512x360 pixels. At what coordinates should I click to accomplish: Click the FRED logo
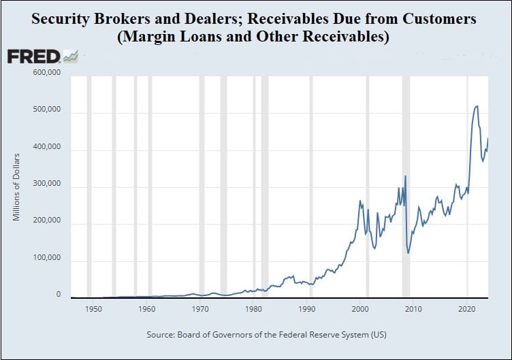[43, 56]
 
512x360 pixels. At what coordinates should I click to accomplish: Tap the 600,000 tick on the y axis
[47, 72]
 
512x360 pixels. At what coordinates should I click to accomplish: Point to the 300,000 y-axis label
[47, 184]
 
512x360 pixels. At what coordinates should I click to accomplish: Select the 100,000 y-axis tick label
[47, 257]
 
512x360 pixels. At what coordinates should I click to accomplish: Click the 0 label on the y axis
[59, 295]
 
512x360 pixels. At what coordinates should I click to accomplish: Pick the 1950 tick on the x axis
[93, 309]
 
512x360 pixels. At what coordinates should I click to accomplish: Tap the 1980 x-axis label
[253, 309]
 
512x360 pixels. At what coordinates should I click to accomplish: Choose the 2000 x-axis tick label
[360, 309]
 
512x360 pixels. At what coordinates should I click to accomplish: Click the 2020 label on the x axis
[466, 309]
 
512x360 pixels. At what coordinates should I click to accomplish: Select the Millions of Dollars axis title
[16, 187]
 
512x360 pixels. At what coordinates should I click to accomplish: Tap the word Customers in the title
[439, 19]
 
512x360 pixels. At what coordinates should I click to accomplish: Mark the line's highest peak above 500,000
[477, 105]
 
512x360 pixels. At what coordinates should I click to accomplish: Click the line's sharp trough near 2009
[408, 253]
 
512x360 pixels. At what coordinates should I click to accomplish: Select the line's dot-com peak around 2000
[360, 200]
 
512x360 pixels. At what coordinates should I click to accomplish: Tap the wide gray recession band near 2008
[406, 187]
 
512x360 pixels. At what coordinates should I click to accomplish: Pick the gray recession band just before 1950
[89, 187]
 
